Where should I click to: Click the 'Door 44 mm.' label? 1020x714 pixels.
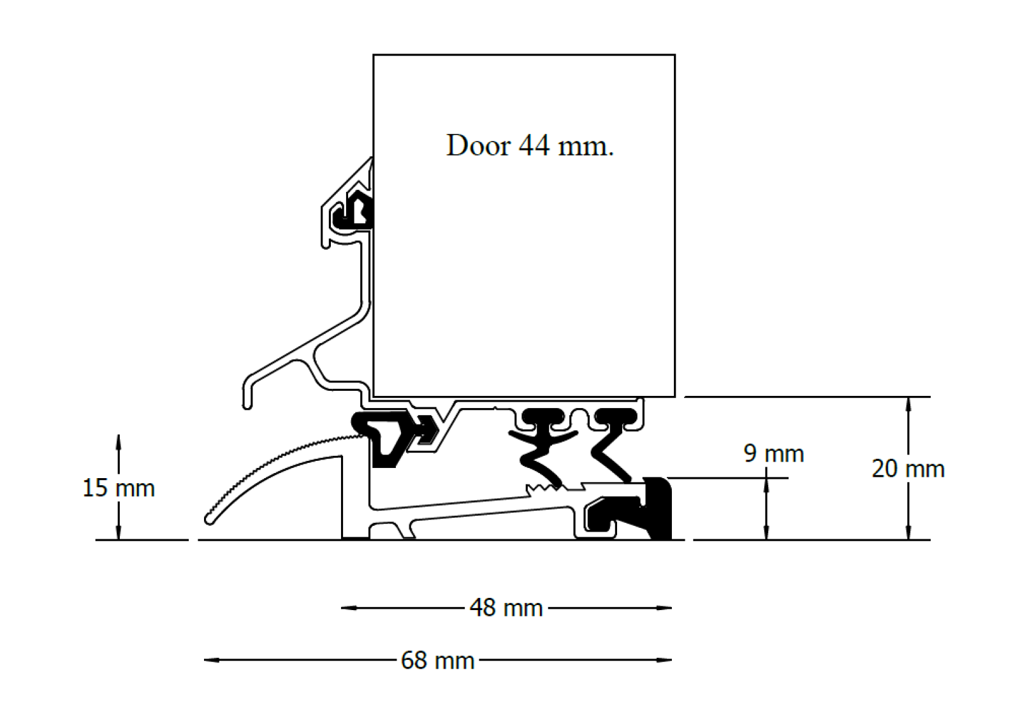pyautogui.click(x=530, y=146)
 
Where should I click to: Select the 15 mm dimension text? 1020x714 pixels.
pyautogui.click(x=119, y=488)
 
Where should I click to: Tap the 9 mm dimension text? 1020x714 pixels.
pyautogui.click(x=773, y=454)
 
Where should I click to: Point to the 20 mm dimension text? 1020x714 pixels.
pyautogui.click(x=908, y=469)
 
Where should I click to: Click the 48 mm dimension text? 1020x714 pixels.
pyautogui.click(x=506, y=608)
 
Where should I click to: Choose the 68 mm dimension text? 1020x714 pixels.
pyautogui.click(x=438, y=660)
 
